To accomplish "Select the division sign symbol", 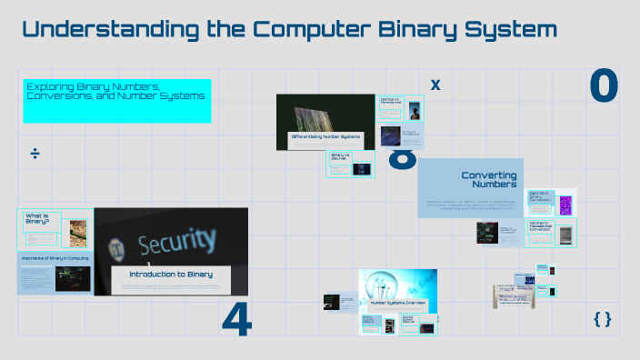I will pyautogui.click(x=35, y=154).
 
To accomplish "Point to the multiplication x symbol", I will pyautogui.click(x=435, y=85).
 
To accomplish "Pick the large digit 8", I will pyautogui.click(x=403, y=162).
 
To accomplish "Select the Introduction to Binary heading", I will pyautogui.click(x=171, y=274).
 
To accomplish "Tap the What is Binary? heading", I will pyautogui.click(x=37, y=219).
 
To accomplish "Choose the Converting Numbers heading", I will pyautogui.click(x=489, y=179).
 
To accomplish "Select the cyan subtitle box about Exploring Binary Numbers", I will pyautogui.click(x=117, y=100).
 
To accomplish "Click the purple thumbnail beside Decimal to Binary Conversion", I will pyautogui.click(x=565, y=205).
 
